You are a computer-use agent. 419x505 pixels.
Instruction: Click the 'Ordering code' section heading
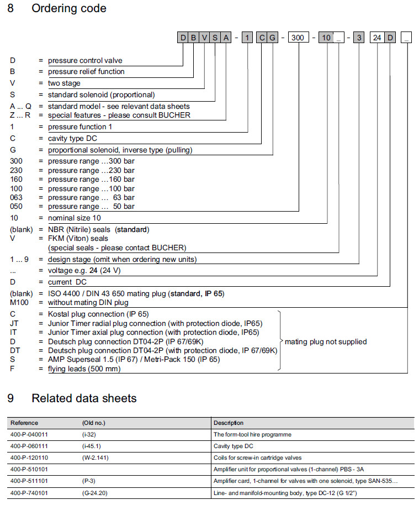coord(69,9)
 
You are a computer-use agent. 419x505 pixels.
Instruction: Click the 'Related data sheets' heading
coord(84,398)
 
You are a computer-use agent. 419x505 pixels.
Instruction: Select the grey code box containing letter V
coord(204,38)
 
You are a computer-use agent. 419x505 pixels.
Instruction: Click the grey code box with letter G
coord(273,38)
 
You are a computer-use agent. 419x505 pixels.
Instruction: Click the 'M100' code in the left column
coord(20,302)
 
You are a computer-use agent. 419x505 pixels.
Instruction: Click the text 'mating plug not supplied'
coord(326,341)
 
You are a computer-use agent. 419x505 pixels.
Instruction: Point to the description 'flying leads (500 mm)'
coord(84,369)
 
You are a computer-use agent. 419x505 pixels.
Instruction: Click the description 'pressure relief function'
coord(86,71)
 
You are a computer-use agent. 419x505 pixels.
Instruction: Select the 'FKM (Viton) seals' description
coord(78,238)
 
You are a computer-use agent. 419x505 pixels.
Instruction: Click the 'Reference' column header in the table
coord(25,423)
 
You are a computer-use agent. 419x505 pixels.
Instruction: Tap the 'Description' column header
coord(229,423)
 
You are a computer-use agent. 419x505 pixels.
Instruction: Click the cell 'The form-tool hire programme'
coord(252,434)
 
